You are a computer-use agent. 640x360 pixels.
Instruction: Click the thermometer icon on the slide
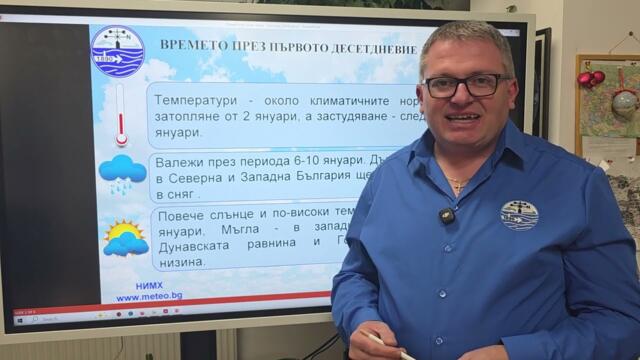pyautogui.click(x=121, y=114)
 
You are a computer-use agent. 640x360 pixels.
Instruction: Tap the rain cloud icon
pyautogui.click(x=122, y=173)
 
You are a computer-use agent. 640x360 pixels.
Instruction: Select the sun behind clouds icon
pyautogui.click(x=125, y=238)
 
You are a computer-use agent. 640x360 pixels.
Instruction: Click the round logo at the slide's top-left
pyautogui.click(x=117, y=51)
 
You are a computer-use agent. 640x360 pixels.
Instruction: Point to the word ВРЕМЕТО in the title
pyautogui.click(x=192, y=45)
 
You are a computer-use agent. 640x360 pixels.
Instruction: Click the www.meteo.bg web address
pyautogui.click(x=148, y=296)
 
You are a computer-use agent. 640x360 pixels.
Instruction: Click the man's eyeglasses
pyautogui.click(x=467, y=85)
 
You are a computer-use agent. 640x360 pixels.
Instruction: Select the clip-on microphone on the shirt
pyautogui.click(x=446, y=215)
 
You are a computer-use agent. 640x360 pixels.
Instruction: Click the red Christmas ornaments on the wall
pyautogui.click(x=590, y=78)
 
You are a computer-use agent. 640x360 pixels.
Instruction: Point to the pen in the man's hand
pyautogui.click(x=385, y=344)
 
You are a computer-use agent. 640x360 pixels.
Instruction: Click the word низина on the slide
pyautogui.click(x=183, y=261)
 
